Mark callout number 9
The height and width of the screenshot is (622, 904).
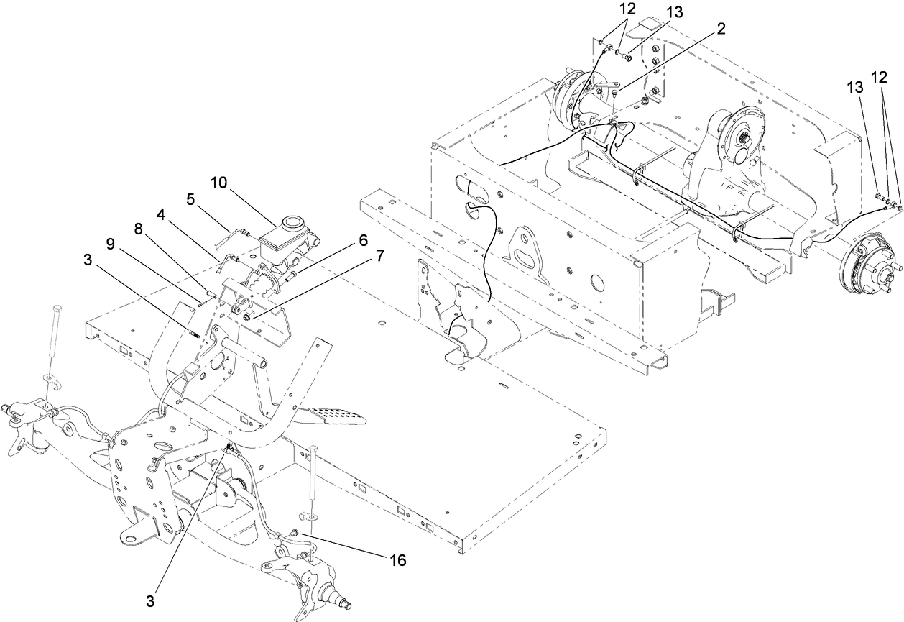tap(110, 244)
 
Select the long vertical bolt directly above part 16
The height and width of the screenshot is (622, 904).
tap(314, 478)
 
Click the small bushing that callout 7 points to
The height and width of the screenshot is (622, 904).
tap(247, 317)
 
